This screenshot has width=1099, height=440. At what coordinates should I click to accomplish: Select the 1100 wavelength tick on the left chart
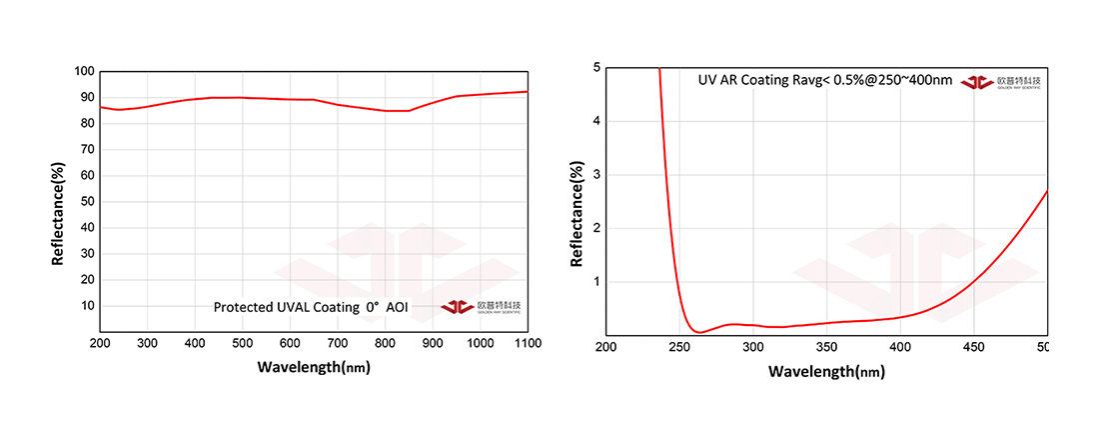(x=527, y=343)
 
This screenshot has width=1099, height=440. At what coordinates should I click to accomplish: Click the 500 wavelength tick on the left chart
(x=242, y=343)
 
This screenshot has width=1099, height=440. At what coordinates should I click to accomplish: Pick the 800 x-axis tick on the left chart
(x=385, y=343)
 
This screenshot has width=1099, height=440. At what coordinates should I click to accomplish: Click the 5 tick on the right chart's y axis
(x=595, y=68)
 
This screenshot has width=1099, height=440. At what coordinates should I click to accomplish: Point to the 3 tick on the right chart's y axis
(x=595, y=175)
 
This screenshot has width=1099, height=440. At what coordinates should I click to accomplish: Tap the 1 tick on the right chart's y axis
(x=595, y=282)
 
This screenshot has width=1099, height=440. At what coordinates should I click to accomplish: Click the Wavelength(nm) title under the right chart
(x=826, y=372)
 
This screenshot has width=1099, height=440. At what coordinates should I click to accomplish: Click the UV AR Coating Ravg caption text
(x=824, y=80)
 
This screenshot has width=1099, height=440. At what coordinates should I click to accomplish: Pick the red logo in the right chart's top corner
(x=976, y=81)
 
